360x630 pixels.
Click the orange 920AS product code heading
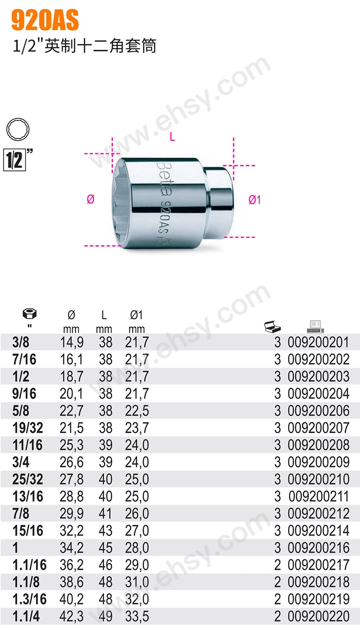pyautogui.click(x=45, y=20)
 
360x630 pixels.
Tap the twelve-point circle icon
pyautogui.click(x=18, y=129)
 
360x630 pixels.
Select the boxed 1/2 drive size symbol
pyautogui.click(x=15, y=160)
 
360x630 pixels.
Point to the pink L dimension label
pyautogui.click(x=172, y=137)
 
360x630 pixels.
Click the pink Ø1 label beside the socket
pyautogui.click(x=255, y=200)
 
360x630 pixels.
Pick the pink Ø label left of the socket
pyautogui.click(x=91, y=199)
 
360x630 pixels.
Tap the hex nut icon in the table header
pyautogui.click(x=30, y=314)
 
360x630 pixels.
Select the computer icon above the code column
pyautogui.click(x=315, y=326)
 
